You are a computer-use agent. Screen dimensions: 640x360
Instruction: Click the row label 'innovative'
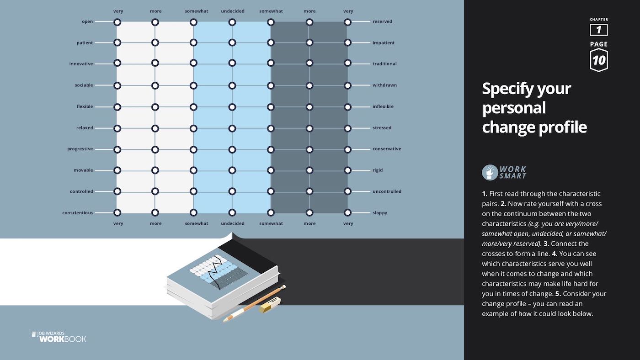point(81,64)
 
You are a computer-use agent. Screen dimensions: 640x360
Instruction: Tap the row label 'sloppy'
point(380,213)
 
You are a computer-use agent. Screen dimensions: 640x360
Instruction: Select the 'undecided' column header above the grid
point(233,11)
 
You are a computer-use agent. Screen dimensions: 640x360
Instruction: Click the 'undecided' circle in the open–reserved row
point(232,22)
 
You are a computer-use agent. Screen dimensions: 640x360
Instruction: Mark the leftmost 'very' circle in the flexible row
point(117,107)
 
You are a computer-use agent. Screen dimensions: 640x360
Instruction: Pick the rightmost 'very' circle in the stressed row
point(348,128)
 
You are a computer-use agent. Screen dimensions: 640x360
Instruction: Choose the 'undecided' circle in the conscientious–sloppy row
point(232,212)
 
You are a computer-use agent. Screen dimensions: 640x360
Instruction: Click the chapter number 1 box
point(598,30)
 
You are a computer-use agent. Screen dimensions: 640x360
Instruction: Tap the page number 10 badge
point(598,60)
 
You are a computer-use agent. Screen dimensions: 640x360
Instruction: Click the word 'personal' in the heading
point(514,108)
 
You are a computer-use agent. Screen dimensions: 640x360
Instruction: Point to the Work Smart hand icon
point(490,172)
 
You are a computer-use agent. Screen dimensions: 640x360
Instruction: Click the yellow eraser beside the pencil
point(270,305)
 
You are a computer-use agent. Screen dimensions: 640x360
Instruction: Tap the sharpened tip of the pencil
point(224,321)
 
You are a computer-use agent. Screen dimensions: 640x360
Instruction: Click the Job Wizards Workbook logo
point(59,337)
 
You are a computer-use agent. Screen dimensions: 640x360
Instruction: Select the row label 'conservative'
point(387,149)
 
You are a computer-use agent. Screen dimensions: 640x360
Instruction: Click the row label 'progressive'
point(80,149)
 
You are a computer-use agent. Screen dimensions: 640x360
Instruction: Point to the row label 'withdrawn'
point(384,85)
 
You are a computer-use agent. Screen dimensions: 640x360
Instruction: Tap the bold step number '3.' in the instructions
point(546,244)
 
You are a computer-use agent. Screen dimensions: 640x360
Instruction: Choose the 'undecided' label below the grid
point(233,223)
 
